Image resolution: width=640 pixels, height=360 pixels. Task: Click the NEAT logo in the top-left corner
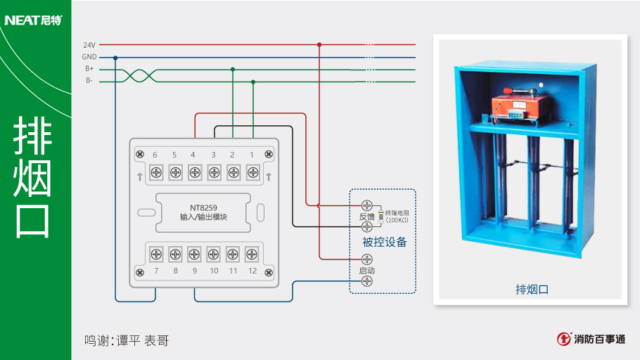[x=33, y=20]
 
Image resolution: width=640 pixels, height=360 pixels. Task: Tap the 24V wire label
[x=89, y=44]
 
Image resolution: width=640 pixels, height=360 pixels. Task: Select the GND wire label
[x=89, y=57]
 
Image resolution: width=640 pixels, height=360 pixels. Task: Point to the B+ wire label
[x=89, y=69]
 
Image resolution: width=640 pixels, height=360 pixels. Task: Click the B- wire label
[x=89, y=81]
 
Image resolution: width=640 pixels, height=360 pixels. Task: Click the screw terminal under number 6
[x=155, y=172]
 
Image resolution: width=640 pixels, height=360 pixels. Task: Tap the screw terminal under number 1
[x=252, y=172]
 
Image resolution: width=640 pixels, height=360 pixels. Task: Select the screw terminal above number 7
[x=155, y=254]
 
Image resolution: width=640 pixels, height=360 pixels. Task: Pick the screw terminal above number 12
[x=252, y=254]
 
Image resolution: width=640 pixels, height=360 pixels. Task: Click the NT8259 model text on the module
[x=203, y=207]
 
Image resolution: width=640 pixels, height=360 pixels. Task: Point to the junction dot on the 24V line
[x=319, y=44]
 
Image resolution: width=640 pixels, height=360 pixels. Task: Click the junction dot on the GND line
[x=115, y=57]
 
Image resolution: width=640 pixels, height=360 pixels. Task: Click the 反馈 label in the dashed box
[x=366, y=217]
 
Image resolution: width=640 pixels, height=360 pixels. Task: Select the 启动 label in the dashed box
[x=366, y=270]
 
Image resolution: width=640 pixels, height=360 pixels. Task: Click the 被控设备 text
[x=384, y=243]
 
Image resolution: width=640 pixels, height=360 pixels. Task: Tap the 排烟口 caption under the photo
[x=532, y=289]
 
